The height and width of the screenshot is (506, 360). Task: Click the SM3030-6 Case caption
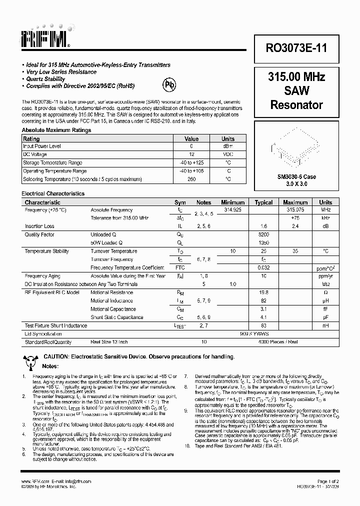tap(296, 176)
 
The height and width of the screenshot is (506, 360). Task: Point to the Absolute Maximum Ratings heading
tap(56, 130)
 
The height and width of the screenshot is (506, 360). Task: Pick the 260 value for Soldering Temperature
tap(191, 179)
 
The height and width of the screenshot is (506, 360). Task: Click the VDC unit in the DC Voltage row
tap(228, 154)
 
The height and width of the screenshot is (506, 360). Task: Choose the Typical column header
tap(263, 202)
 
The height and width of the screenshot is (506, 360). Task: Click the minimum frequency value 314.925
tap(232, 210)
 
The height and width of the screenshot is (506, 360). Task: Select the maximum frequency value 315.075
tap(295, 210)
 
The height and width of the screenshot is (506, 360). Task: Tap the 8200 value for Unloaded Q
tap(263, 234)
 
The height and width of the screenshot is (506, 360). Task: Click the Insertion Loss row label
tap(39, 226)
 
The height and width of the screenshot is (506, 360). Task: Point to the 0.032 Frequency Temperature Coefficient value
tap(263, 268)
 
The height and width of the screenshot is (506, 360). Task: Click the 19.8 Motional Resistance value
tap(263, 292)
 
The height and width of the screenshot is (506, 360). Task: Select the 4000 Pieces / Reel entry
tap(263, 342)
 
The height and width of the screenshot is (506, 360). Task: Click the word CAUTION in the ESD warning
tap(55, 356)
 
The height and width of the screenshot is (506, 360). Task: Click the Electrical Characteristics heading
tap(53, 193)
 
